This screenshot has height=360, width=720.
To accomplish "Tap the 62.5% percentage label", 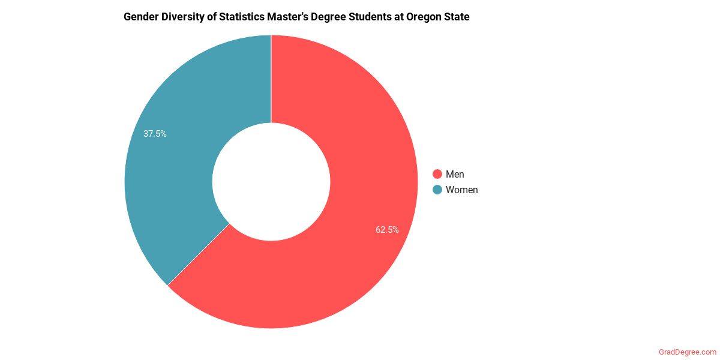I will [x=387, y=229].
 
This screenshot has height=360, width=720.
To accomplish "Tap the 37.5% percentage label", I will [x=155, y=134].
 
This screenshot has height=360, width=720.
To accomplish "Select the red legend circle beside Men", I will [x=437, y=175].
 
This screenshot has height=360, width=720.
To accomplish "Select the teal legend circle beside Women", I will [x=437, y=190].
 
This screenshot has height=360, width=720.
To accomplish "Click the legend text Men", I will [x=455, y=175].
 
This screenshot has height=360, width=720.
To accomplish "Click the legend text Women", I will [x=462, y=190].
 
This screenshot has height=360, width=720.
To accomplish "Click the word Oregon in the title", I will [x=424, y=17].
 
